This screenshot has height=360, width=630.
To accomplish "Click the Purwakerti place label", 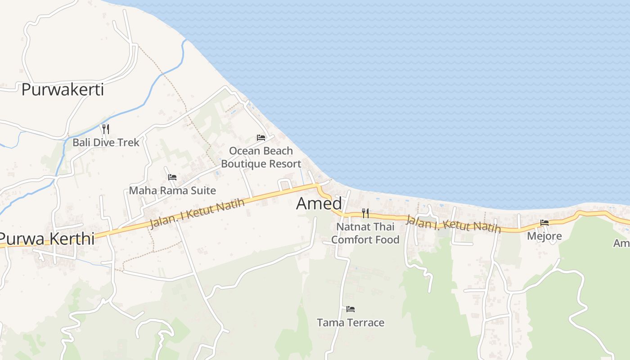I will pos(63,90).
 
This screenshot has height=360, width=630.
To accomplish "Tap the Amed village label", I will pos(319,204).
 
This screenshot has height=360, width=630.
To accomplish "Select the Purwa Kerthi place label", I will pos(47,238).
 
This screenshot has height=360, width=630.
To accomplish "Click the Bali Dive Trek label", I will pos(106,143).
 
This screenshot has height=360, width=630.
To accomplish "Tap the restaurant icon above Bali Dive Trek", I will pos(106,129).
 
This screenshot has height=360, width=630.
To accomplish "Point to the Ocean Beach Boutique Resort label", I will pos(261,157).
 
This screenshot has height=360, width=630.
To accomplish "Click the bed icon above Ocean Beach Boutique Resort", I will pos(261,138).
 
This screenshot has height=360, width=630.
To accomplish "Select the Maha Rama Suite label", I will pos(172,190).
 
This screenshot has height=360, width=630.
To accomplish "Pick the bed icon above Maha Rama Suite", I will pos(172,177).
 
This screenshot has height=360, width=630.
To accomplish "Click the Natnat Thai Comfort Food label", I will pos(365,233).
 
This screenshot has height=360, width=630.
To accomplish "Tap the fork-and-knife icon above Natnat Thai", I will pos(365,213).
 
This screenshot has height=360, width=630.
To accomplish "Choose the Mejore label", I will pos(544,236).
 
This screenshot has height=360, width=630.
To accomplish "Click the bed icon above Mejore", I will pos(544,223).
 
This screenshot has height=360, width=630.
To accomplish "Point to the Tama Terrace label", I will pos(351,323).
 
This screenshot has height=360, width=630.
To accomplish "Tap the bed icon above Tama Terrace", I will pos(351,309).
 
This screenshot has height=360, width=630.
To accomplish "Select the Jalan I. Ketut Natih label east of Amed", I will pos(453,224).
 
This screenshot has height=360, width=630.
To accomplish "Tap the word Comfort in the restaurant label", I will pos(349,240).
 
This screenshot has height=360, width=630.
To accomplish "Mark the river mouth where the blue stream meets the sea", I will pos(185,40).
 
